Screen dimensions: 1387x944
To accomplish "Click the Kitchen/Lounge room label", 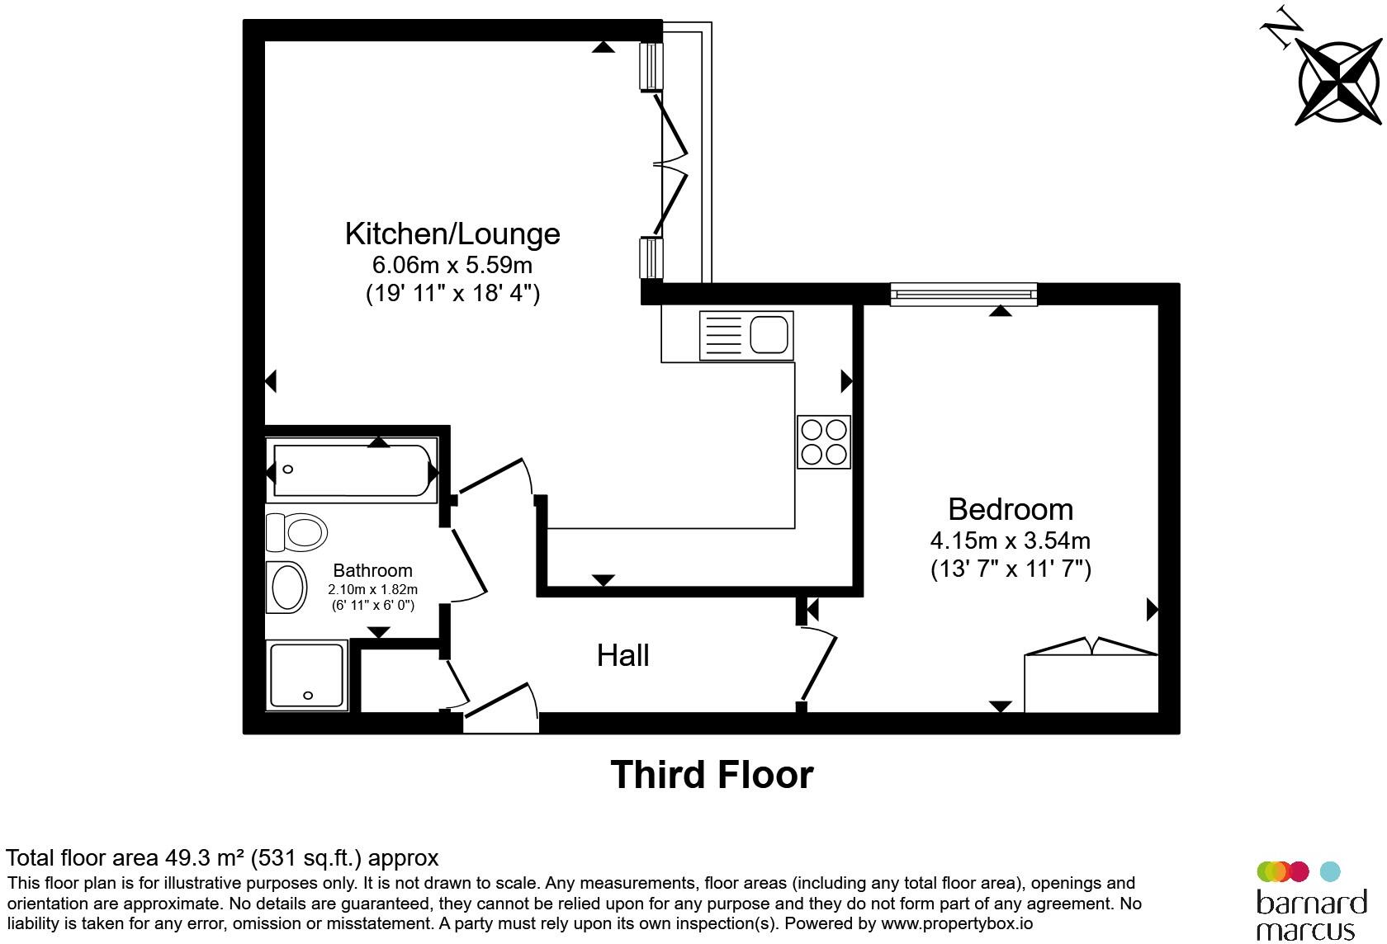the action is pyautogui.click(x=452, y=234).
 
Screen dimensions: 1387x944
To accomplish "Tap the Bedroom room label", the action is pyautogui.click(x=1011, y=509).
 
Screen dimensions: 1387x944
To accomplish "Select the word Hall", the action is pyautogui.click(x=622, y=655).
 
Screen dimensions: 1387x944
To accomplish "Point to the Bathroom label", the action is pyautogui.click(x=373, y=570).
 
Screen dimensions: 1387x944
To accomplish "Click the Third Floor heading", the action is pyautogui.click(x=712, y=774).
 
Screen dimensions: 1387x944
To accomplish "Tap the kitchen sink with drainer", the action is pyautogui.click(x=746, y=336).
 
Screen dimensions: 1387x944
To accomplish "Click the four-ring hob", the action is pyautogui.click(x=824, y=442).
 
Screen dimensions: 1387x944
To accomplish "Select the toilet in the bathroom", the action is pyautogui.click(x=296, y=531).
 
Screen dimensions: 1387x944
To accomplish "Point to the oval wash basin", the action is pyautogui.click(x=286, y=587).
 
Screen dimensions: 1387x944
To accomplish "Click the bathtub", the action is pyautogui.click(x=352, y=470).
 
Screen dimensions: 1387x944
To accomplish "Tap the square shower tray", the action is pyautogui.click(x=306, y=675).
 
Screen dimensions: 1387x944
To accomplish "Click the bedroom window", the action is pyautogui.click(x=963, y=295).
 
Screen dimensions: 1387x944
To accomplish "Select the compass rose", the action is pyautogui.click(x=1339, y=83).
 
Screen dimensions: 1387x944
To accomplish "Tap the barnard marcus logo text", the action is pyautogui.click(x=1311, y=915).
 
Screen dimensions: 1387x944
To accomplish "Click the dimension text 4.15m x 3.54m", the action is pyautogui.click(x=1011, y=541).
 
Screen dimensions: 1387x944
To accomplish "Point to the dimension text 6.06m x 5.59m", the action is pyautogui.click(x=452, y=265).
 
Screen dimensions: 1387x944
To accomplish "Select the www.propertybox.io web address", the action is pyautogui.click(x=957, y=924).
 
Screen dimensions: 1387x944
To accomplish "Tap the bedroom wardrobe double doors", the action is pyautogui.click(x=1091, y=645).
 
